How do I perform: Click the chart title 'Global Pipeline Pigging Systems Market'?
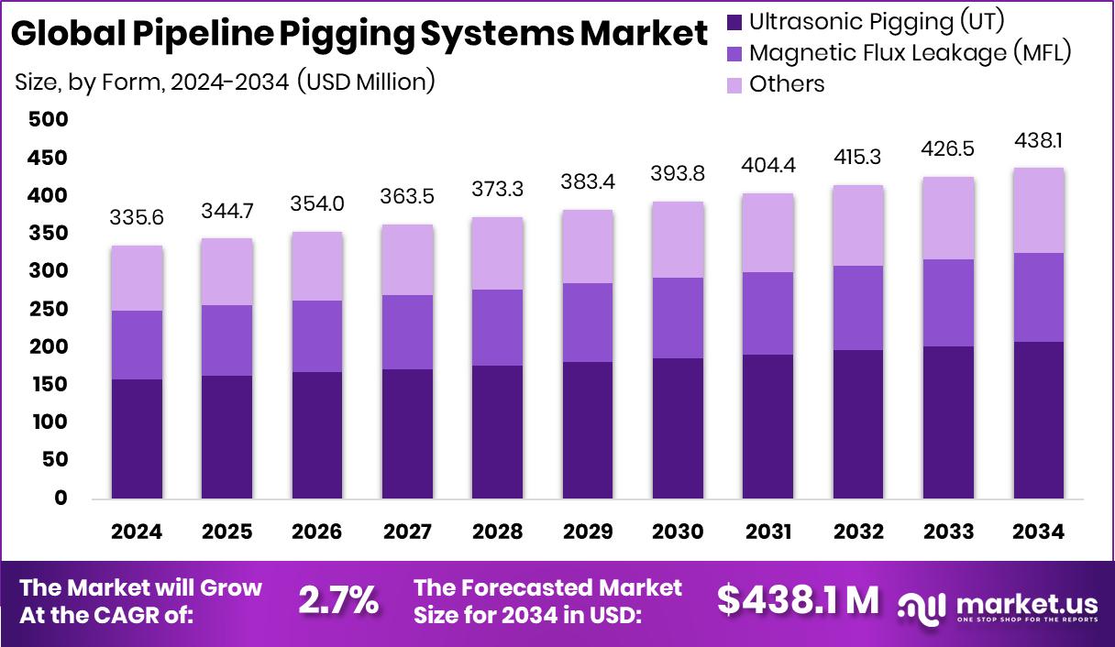click(x=359, y=35)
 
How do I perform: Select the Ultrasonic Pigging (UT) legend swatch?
click(x=734, y=21)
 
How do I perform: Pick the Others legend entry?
click(x=787, y=84)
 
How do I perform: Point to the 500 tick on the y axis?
click(x=48, y=119)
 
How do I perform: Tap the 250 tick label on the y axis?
click(x=48, y=309)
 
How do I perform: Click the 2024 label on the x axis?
click(x=137, y=532)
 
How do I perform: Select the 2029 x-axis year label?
click(x=588, y=532)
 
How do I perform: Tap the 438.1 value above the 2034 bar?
click(x=1038, y=141)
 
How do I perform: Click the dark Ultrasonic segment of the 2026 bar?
click(x=317, y=435)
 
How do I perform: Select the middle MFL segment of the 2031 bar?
click(x=767, y=313)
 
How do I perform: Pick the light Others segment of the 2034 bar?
click(x=1038, y=210)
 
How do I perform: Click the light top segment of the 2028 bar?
click(x=498, y=254)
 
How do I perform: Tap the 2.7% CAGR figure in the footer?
click(x=338, y=600)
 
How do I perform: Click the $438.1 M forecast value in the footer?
click(x=797, y=599)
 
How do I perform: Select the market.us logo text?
click(x=1026, y=603)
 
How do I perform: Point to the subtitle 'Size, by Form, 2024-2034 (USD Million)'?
click(x=225, y=82)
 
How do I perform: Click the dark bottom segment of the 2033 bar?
click(x=948, y=422)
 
